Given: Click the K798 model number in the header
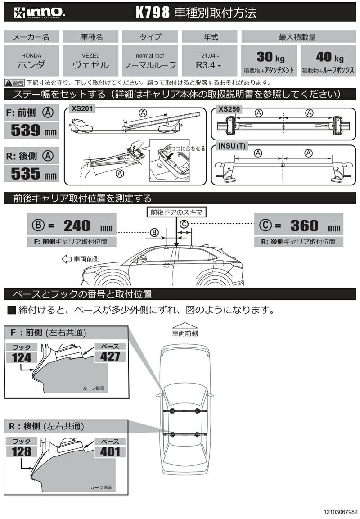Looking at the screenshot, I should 153,13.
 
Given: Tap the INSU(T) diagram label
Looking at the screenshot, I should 232,146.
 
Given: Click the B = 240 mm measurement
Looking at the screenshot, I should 72,225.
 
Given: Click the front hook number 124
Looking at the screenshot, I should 22,357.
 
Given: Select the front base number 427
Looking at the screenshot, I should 110,356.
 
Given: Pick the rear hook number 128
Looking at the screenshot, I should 22,451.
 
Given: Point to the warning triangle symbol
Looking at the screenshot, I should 8,83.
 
